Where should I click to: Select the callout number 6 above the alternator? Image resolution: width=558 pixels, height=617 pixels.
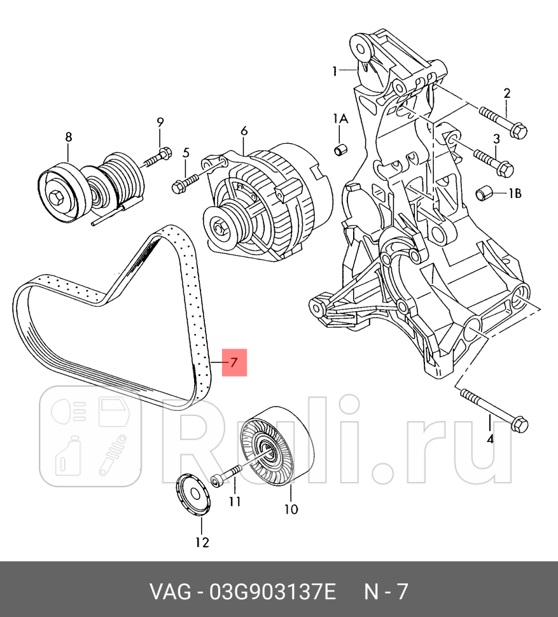(244, 132)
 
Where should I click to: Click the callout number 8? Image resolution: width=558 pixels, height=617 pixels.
(68, 137)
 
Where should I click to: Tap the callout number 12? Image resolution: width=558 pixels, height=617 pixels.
(201, 542)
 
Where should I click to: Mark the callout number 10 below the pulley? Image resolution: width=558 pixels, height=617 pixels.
(290, 509)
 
